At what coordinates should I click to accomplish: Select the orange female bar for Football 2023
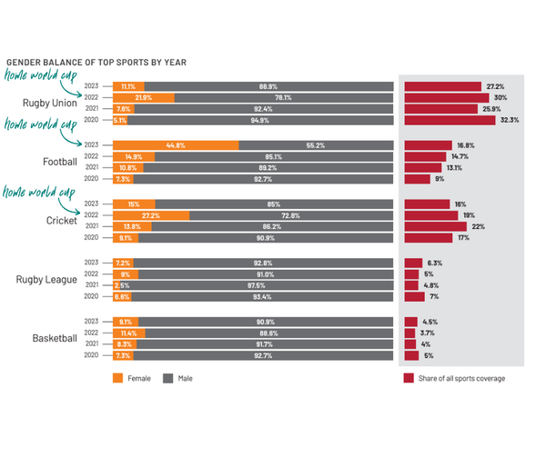coord(176,144)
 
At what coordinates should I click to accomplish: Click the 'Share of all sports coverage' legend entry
coord(453,378)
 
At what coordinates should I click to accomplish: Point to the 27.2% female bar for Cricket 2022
coord(151,215)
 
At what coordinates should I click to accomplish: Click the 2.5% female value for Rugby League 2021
coord(121,285)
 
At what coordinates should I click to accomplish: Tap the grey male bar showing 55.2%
coord(316,144)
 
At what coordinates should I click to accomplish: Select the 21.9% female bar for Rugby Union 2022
coord(143,97)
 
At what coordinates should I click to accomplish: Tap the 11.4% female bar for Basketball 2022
coord(129,333)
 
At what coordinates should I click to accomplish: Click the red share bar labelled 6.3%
coord(413,263)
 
